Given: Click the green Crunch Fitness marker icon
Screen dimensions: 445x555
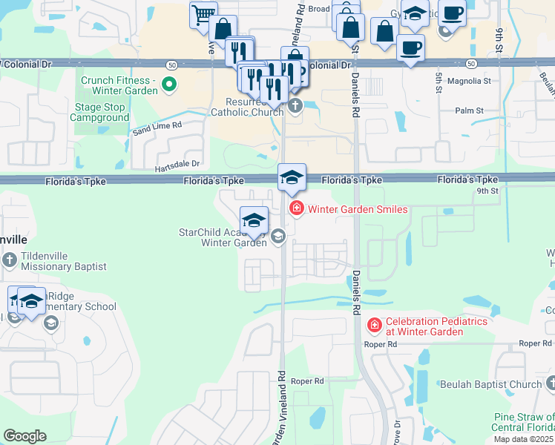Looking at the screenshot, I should pos(169,85).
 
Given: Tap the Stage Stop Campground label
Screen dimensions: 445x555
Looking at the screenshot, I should pos(99,112).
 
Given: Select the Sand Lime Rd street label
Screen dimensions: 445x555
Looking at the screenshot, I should pos(157,125).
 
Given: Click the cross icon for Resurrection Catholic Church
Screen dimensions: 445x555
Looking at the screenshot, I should pos(295,105).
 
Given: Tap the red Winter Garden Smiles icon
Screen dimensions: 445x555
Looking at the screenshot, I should pos(297,209).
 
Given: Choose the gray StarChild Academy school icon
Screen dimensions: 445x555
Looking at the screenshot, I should pos(277,237).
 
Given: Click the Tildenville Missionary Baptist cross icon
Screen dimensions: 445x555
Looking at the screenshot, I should pos(10,260).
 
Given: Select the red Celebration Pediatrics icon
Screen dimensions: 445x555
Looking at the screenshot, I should pos(375,326).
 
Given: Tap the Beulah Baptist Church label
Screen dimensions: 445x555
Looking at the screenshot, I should pos(490,384).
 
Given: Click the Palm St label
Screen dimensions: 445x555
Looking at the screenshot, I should pos(469,111).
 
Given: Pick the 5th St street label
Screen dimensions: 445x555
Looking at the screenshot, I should pos(439,77).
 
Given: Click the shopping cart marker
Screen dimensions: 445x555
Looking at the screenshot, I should pos(203,15).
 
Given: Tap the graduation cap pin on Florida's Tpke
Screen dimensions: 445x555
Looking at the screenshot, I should pos(292,177).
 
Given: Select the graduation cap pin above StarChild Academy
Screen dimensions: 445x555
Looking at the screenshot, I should pos(254,220).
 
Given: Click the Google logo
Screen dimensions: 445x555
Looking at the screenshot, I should pos(24,436).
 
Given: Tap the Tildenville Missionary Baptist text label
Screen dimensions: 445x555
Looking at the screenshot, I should pos(64,260).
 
